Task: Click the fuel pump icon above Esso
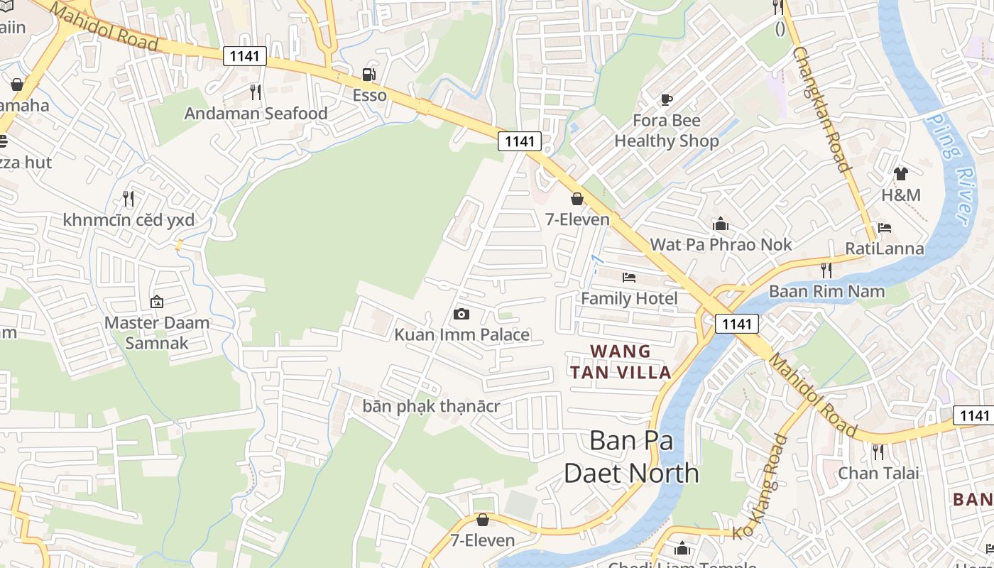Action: [368, 74]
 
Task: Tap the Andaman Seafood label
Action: [256, 114]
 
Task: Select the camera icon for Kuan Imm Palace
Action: [461, 314]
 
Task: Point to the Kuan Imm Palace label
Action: [462, 334]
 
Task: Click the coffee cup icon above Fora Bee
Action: [666, 99]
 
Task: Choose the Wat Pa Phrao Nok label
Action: [721, 245]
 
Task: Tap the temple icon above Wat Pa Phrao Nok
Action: [721, 225]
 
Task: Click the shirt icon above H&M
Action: [901, 174]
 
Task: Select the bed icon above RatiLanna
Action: [885, 228]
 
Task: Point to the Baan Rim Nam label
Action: [827, 291]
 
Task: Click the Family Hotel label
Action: [629, 299]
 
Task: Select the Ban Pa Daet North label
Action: [631, 457]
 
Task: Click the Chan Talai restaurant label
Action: [878, 473]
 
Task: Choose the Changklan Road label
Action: [821, 109]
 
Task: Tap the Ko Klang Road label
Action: [760, 487]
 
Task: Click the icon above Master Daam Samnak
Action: [157, 302]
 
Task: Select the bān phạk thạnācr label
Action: [432, 407]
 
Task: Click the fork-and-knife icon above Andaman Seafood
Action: [256, 92]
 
